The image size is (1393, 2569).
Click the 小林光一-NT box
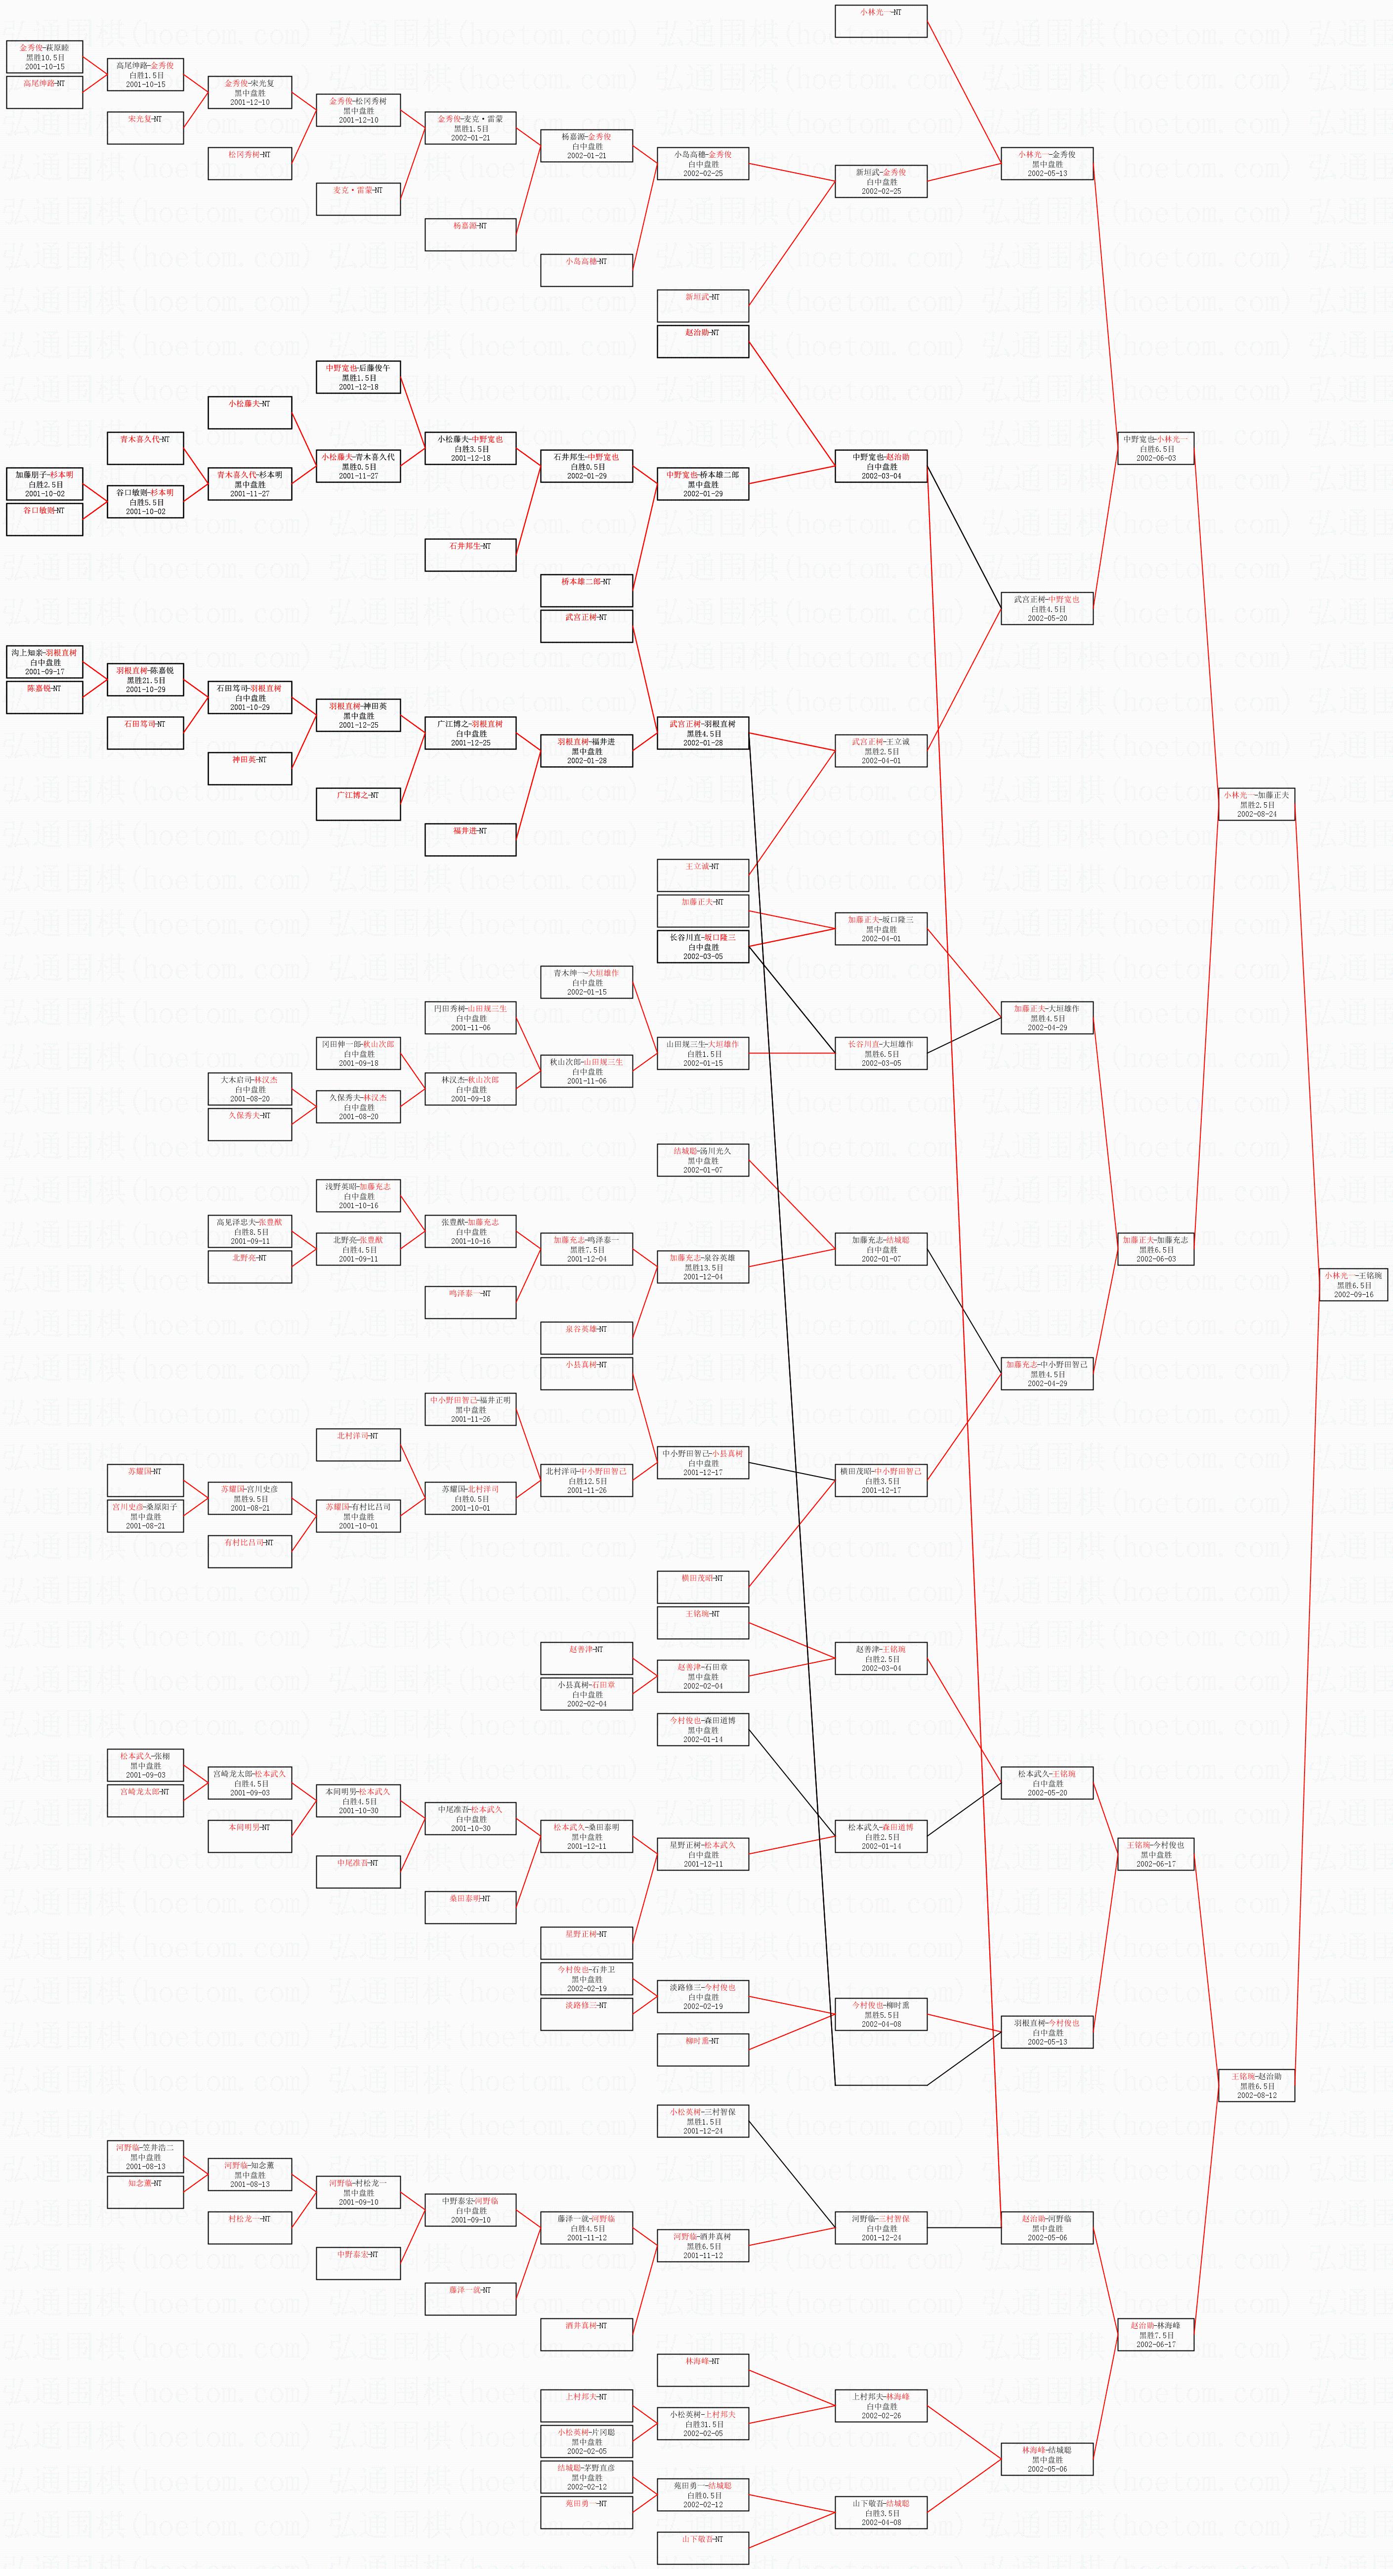click(x=881, y=21)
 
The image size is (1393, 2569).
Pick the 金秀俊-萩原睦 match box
click(x=45, y=57)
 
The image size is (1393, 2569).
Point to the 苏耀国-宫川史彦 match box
click(x=249, y=1498)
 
